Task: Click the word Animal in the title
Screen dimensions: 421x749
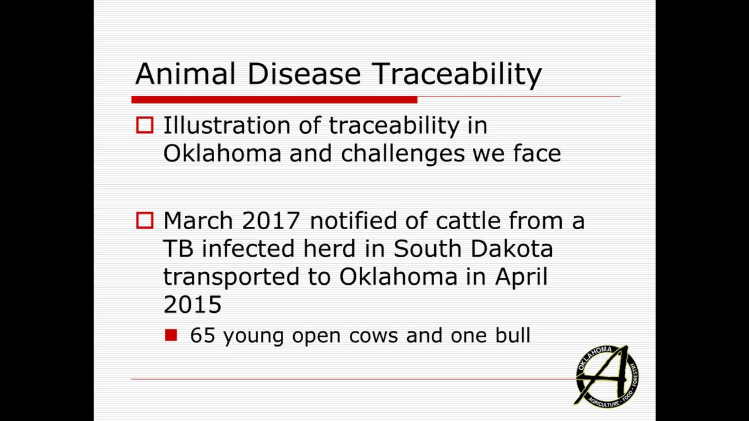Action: pos(185,74)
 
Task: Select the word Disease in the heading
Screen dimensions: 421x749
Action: pos(304,74)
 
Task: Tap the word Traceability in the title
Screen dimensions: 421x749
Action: pos(457,75)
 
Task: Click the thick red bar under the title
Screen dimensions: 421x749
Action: pos(274,100)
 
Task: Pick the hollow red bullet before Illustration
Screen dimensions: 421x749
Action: pos(145,126)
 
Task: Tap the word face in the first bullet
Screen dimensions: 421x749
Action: pos(537,154)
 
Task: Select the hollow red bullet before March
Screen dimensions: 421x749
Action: pos(145,220)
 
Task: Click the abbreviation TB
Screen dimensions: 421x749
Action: pos(178,249)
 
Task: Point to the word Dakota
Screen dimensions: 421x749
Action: pos(511,249)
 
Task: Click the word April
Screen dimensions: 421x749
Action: pos(521,277)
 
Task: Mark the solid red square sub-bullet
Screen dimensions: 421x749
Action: pos(171,335)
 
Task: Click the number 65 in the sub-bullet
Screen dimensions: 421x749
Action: pos(202,336)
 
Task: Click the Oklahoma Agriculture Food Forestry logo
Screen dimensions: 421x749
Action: pos(606,376)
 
